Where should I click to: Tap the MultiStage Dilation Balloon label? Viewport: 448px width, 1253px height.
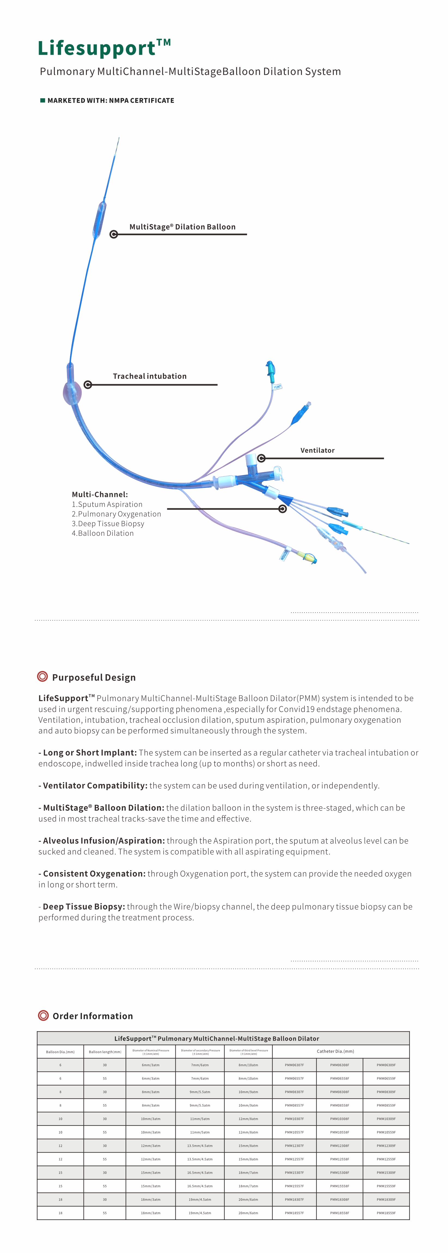(x=182, y=227)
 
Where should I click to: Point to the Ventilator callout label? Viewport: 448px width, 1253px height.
(x=318, y=450)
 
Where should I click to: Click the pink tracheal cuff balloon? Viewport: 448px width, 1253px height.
(x=72, y=393)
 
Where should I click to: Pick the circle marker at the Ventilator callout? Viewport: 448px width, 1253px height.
(x=261, y=458)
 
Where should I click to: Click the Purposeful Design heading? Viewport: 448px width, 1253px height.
(x=94, y=678)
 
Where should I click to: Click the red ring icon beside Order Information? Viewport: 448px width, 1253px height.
(x=43, y=1016)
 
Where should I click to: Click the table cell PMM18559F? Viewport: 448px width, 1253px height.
(x=386, y=1213)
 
